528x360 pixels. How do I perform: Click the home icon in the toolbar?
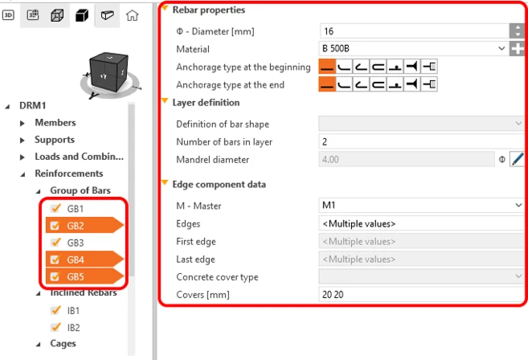pos(132,15)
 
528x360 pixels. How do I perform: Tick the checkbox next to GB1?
pos(55,208)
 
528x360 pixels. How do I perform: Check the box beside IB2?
pos(55,327)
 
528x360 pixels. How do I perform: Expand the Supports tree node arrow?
pos(23,140)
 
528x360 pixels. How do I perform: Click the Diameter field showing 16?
pos(414,31)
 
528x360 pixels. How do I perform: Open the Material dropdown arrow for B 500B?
pos(501,48)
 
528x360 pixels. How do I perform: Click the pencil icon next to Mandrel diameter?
pos(518,159)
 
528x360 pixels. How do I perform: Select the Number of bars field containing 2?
pos(421,141)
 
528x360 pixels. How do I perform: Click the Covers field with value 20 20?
pos(421,295)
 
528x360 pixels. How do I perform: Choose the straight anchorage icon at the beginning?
pos(327,67)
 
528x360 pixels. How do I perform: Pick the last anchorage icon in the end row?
pos(429,84)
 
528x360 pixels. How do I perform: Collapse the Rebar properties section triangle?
pos(165,8)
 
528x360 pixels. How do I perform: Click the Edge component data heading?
pos(219,185)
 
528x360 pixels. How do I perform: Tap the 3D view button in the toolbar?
pos(8,15)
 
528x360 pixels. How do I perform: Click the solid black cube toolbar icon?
pos(82,15)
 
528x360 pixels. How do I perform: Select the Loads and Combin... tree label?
pos(79,157)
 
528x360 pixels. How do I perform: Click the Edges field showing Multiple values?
pos(421,223)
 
